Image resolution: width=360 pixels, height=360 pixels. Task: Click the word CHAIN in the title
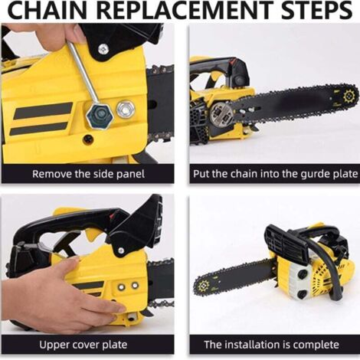click(x=48, y=10)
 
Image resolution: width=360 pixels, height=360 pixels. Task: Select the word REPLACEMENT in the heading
click(x=185, y=10)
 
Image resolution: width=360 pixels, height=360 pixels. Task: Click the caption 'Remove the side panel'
click(x=88, y=174)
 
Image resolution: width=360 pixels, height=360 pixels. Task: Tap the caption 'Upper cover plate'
click(x=83, y=345)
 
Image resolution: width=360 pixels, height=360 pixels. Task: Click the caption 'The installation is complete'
click(x=271, y=345)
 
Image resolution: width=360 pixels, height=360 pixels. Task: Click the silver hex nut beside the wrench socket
click(x=126, y=110)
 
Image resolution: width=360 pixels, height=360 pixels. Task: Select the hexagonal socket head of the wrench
click(x=100, y=116)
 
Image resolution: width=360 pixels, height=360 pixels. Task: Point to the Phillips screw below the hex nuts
click(x=88, y=139)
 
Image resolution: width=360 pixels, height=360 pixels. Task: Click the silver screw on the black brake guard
click(x=103, y=48)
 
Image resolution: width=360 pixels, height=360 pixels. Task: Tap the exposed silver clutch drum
click(x=221, y=113)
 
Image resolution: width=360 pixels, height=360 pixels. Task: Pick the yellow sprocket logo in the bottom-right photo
click(x=203, y=286)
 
